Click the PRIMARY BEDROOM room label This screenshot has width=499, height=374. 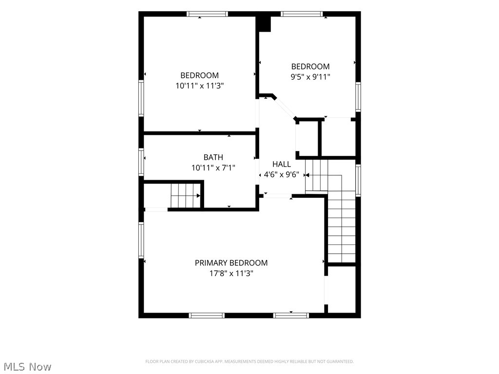[x=231, y=263]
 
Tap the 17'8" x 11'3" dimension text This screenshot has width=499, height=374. [x=231, y=273]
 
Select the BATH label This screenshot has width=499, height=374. [x=213, y=157]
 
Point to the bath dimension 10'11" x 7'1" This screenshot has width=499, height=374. [x=213, y=168]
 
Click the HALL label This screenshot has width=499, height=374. [x=282, y=164]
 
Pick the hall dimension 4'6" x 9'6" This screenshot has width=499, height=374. [x=281, y=175]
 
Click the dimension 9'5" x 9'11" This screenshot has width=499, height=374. [x=310, y=77]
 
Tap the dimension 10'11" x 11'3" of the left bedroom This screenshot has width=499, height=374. [x=199, y=86]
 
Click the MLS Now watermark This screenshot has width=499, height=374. [x=26, y=367]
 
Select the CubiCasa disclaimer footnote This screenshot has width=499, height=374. [x=249, y=362]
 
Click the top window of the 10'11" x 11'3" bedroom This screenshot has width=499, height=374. [x=207, y=14]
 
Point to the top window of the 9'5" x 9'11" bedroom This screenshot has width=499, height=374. [x=302, y=14]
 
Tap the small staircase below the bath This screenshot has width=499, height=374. [x=186, y=195]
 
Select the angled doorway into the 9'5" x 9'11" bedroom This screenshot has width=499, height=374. [x=285, y=108]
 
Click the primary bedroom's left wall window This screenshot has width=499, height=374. [x=141, y=240]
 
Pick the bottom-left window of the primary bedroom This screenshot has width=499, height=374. [x=207, y=316]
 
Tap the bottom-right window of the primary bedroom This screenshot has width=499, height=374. [x=291, y=316]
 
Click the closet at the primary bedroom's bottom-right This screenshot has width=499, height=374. [x=342, y=289]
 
